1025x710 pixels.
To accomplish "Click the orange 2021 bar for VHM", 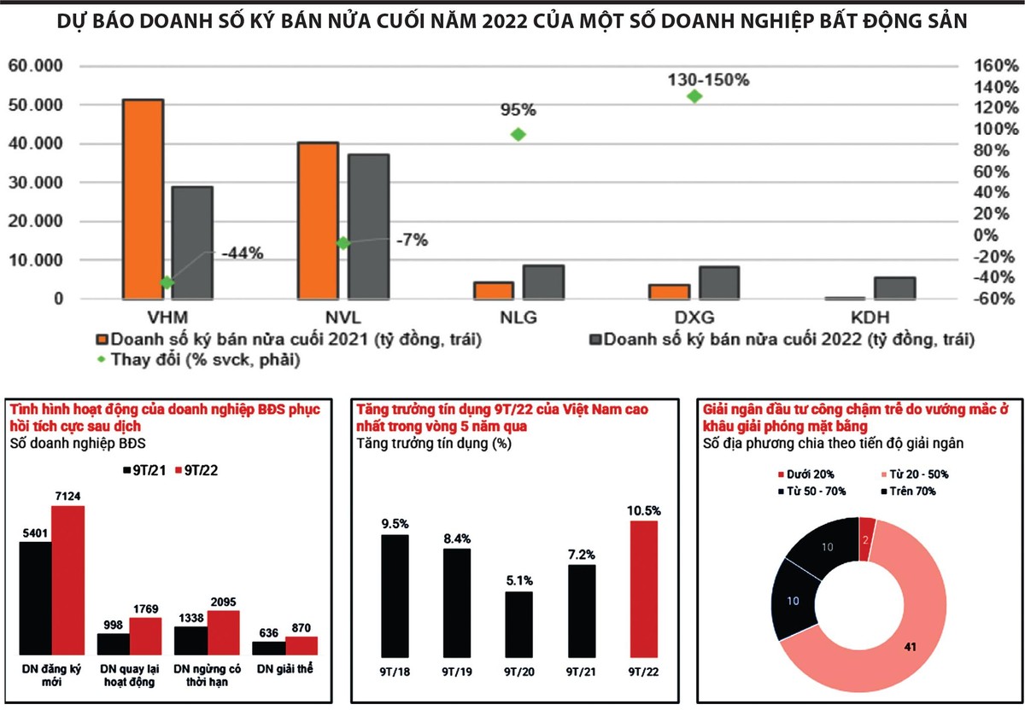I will tap(143, 199).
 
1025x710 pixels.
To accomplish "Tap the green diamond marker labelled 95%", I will tap(518, 134).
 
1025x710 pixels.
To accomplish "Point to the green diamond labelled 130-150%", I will tap(694, 96).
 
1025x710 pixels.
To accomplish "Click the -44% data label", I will tap(242, 253).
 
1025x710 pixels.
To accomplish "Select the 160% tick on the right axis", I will tap(994, 66).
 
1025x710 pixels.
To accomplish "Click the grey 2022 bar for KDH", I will tap(895, 288).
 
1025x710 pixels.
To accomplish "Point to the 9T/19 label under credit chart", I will tap(457, 671).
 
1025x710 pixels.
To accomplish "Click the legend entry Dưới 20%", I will tap(805, 474).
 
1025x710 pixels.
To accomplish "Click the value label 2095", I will tap(223, 603).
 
